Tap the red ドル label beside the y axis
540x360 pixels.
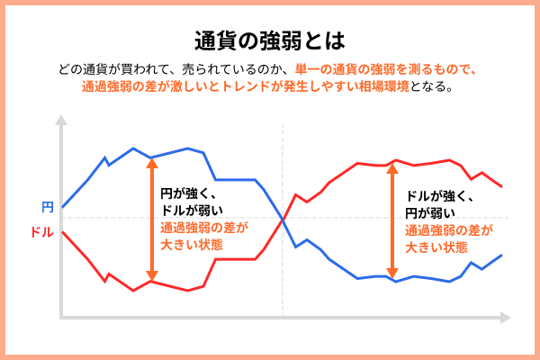tap(41, 232)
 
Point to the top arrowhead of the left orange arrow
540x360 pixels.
tap(151, 162)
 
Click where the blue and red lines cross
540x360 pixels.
tap(283, 219)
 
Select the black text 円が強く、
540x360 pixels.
tap(190, 193)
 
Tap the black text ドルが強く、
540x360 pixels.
tap(440, 196)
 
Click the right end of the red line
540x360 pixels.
tap(500, 186)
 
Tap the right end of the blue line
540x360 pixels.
tap(500, 256)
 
